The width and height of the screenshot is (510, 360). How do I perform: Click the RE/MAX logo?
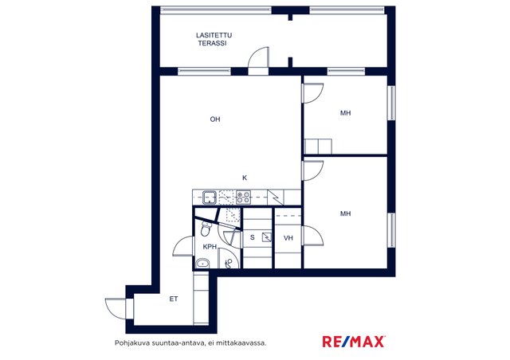coord(354,342)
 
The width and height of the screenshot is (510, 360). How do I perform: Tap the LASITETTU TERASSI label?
coord(214,39)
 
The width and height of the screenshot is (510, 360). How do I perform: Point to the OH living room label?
coord(215,119)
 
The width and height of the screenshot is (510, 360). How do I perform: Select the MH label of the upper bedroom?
coord(345,113)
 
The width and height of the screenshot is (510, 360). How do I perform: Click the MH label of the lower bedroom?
coord(345,213)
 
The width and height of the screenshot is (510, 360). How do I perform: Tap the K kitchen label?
coord(245,178)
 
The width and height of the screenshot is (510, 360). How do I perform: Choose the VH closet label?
coord(288,238)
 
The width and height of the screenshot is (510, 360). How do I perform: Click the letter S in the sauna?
coord(252,237)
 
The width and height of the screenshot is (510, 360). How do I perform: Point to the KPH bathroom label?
coord(210,247)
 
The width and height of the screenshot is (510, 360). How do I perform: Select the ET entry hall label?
coord(174,299)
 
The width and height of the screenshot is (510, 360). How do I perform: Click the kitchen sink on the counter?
coord(210,197)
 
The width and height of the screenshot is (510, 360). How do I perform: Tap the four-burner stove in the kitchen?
coord(243,197)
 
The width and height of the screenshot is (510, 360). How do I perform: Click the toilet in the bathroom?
coord(205,229)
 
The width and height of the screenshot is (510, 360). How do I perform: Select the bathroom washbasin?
coord(203,263)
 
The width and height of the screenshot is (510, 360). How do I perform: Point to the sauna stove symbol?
coord(267,237)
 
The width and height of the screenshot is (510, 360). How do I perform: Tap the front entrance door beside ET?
coord(116,308)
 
